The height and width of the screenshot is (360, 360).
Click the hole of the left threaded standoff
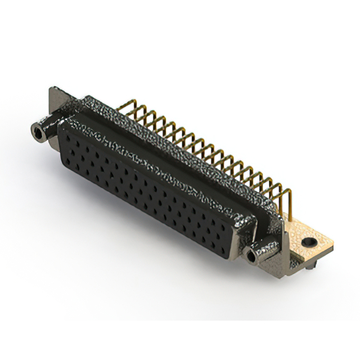[x=38, y=134]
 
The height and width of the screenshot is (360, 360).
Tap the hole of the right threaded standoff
[x=251, y=257]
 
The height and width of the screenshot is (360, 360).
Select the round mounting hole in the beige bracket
[x=307, y=242]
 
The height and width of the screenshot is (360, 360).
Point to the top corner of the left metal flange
[x=52, y=88]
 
